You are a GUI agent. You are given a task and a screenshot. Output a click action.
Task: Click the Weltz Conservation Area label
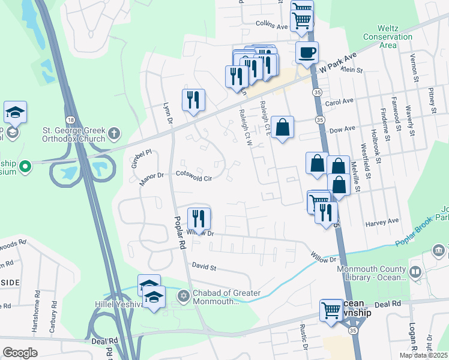click(396, 37)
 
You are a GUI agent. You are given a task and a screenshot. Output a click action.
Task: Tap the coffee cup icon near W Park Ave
click(307, 53)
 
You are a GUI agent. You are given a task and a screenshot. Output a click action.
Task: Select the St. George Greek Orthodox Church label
click(65, 134)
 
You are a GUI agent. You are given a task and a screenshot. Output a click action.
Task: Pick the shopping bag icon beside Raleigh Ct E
click(282, 127)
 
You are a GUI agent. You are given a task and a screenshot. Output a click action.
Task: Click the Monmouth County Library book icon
click(415, 272)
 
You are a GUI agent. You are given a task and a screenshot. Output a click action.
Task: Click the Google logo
click(20, 352)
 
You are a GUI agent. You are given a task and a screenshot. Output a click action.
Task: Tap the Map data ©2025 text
click(423, 355)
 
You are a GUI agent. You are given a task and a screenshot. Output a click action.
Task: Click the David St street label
click(203, 265)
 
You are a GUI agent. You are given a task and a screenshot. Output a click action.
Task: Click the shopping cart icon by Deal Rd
click(331, 310)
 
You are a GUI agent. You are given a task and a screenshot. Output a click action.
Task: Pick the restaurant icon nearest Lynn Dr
click(193, 100)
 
